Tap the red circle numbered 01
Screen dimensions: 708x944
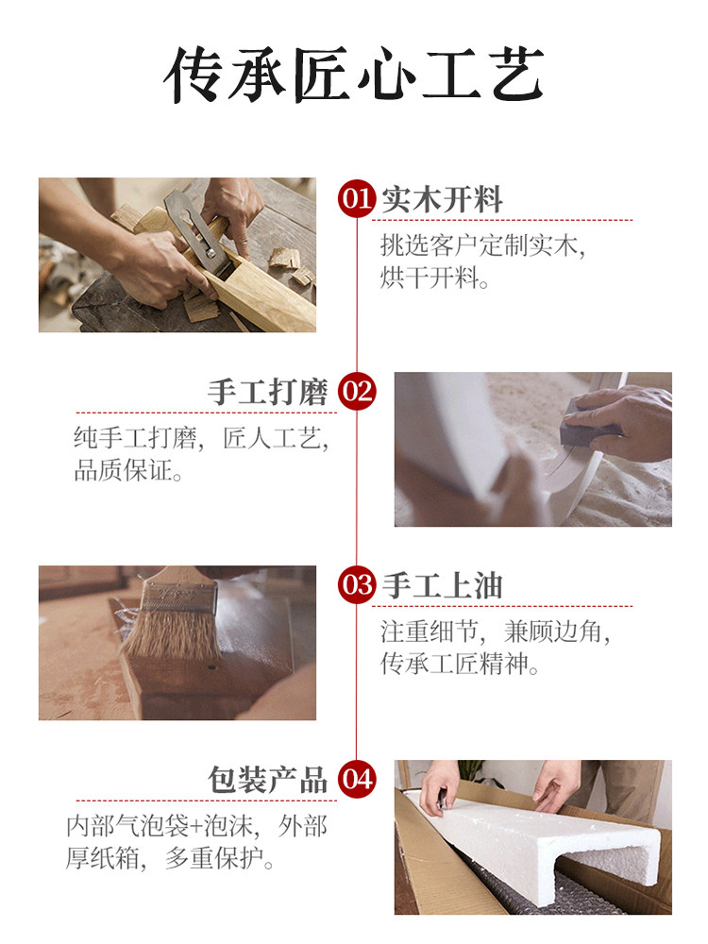[357, 198]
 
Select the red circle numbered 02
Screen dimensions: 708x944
[357, 392]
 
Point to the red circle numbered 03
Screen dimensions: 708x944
[357, 585]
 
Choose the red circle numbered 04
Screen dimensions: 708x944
[357, 780]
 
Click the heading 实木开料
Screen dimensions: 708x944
[442, 199]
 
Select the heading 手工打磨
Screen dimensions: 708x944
[268, 393]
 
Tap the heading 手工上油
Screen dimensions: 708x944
[442, 586]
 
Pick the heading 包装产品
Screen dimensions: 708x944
[268, 781]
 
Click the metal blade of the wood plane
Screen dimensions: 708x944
[192, 228]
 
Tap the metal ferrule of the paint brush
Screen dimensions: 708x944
[178, 596]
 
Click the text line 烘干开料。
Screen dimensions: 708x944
[434, 278]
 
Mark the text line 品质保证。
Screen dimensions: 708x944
[128, 470]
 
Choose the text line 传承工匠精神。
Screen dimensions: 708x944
[459, 664]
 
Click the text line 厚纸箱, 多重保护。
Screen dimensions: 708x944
[169, 858]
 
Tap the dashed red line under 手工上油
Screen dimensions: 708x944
[502, 606]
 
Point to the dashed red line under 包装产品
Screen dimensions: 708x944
[207, 801]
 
